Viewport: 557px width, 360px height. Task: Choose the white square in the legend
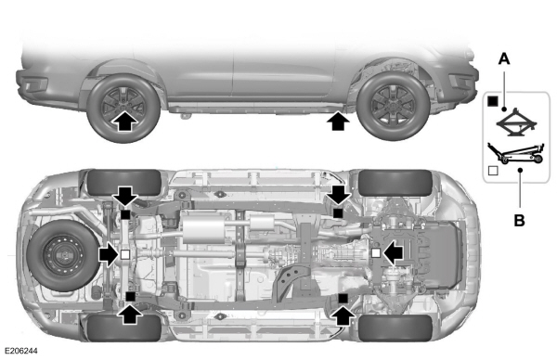pyautogui.click(x=492, y=171)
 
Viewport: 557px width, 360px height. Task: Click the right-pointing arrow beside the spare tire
pyautogui.click(x=104, y=252)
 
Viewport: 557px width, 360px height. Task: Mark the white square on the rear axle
pyautogui.click(x=124, y=252)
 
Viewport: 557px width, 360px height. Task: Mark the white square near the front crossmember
pyautogui.click(x=375, y=251)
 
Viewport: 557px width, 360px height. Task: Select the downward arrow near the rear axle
pyautogui.click(x=125, y=196)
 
